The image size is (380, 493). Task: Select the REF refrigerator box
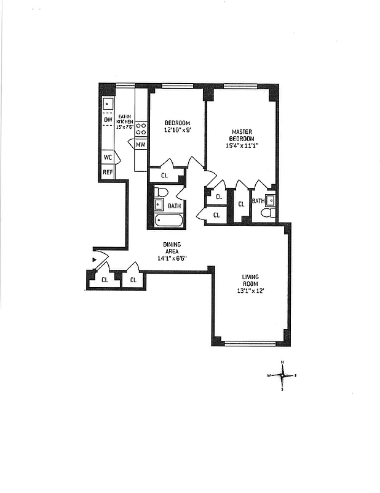[108, 173]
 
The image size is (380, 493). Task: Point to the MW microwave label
[141, 145]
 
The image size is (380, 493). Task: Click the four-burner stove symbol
[141, 129]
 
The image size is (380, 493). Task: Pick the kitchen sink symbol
[108, 104]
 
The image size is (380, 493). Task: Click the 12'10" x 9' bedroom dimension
[177, 131]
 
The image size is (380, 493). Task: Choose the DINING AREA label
[172, 248]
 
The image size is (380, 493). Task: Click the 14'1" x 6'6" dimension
[172, 258]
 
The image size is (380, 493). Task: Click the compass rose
[282, 375]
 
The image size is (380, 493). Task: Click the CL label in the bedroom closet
[164, 176]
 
